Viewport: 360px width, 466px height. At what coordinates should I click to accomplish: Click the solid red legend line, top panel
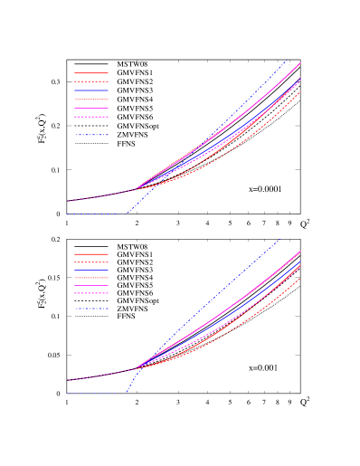pyautogui.click(x=91, y=72)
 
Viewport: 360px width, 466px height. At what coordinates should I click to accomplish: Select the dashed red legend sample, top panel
pyautogui.click(x=91, y=81)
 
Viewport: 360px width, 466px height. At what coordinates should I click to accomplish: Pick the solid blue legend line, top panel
pyautogui.click(x=91, y=90)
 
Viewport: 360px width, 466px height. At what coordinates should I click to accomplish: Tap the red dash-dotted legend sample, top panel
pyautogui.click(x=91, y=100)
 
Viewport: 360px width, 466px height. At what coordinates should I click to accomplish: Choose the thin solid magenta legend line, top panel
pyautogui.click(x=91, y=108)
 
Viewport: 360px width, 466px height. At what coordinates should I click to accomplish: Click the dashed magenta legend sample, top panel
pyautogui.click(x=91, y=117)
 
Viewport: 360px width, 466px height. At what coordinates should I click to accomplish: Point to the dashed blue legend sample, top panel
pyautogui.click(x=91, y=135)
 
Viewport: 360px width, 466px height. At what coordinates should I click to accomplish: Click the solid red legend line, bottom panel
pyautogui.click(x=91, y=254)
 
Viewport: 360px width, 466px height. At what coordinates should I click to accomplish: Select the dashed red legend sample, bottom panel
pyautogui.click(x=91, y=262)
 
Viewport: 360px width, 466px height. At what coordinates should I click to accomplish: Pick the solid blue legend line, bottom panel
pyautogui.click(x=91, y=270)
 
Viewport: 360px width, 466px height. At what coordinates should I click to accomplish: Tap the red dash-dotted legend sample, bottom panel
pyautogui.click(x=91, y=278)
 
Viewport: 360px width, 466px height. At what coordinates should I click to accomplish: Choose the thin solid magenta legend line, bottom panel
pyautogui.click(x=91, y=285)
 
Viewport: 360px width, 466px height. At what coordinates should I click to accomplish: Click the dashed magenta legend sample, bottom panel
pyautogui.click(x=91, y=293)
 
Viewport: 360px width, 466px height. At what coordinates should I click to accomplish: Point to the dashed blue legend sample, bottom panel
pyautogui.click(x=91, y=309)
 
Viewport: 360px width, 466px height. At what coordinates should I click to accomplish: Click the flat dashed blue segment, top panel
pyautogui.click(x=96, y=214)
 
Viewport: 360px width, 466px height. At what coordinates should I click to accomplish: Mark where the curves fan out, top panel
pyautogui.click(x=136, y=189)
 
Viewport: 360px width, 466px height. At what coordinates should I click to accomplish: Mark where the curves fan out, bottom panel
pyautogui.click(x=137, y=368)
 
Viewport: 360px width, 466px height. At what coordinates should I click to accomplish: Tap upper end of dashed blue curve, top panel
pyautogui.click(x=288, y=60)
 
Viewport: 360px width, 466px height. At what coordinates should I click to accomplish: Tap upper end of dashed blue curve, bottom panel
pyautogui.click(x=280, y=239)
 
